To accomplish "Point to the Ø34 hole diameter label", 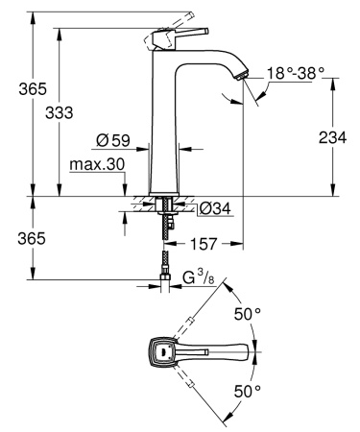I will [x=213, y=208].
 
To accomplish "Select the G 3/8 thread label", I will [x=197, y=279].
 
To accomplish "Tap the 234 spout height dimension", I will [x=332, y=137].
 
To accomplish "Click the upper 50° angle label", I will [x=248, y=314].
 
